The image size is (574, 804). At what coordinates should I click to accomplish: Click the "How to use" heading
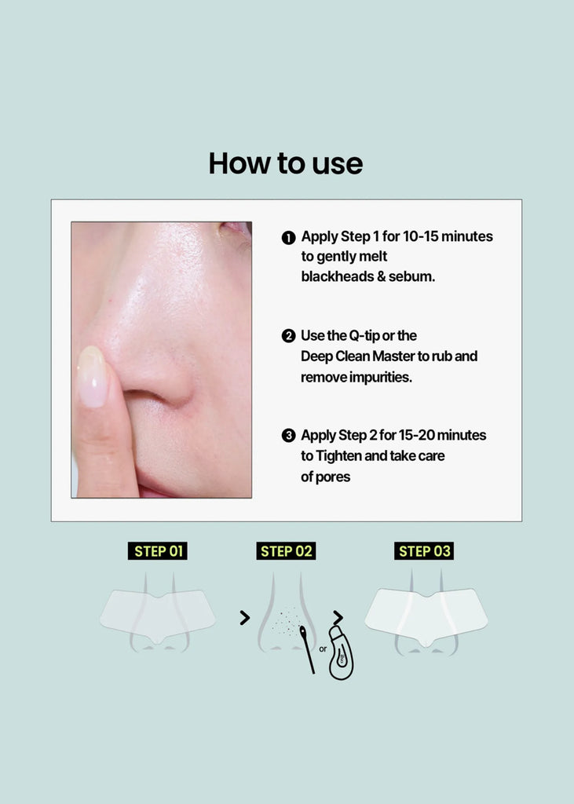[286, 163]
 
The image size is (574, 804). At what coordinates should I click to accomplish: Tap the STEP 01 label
[158, 550]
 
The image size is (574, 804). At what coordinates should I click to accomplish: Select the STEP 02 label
[286, 550]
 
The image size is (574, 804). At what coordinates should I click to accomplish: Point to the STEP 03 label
[424, 550]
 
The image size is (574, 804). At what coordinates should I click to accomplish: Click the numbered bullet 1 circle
[289, 237]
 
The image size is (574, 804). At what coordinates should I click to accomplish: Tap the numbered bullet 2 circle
[289, 336]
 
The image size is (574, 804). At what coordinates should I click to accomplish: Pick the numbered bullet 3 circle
[289, 435]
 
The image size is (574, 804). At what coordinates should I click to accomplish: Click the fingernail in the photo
[92, 376]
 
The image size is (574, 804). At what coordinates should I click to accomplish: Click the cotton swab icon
[307, 649]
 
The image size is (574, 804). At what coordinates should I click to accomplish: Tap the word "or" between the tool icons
[323, 649]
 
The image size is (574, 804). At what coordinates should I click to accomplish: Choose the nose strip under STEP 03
[426, 616]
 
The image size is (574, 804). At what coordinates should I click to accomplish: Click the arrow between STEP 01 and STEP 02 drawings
[245, 618]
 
